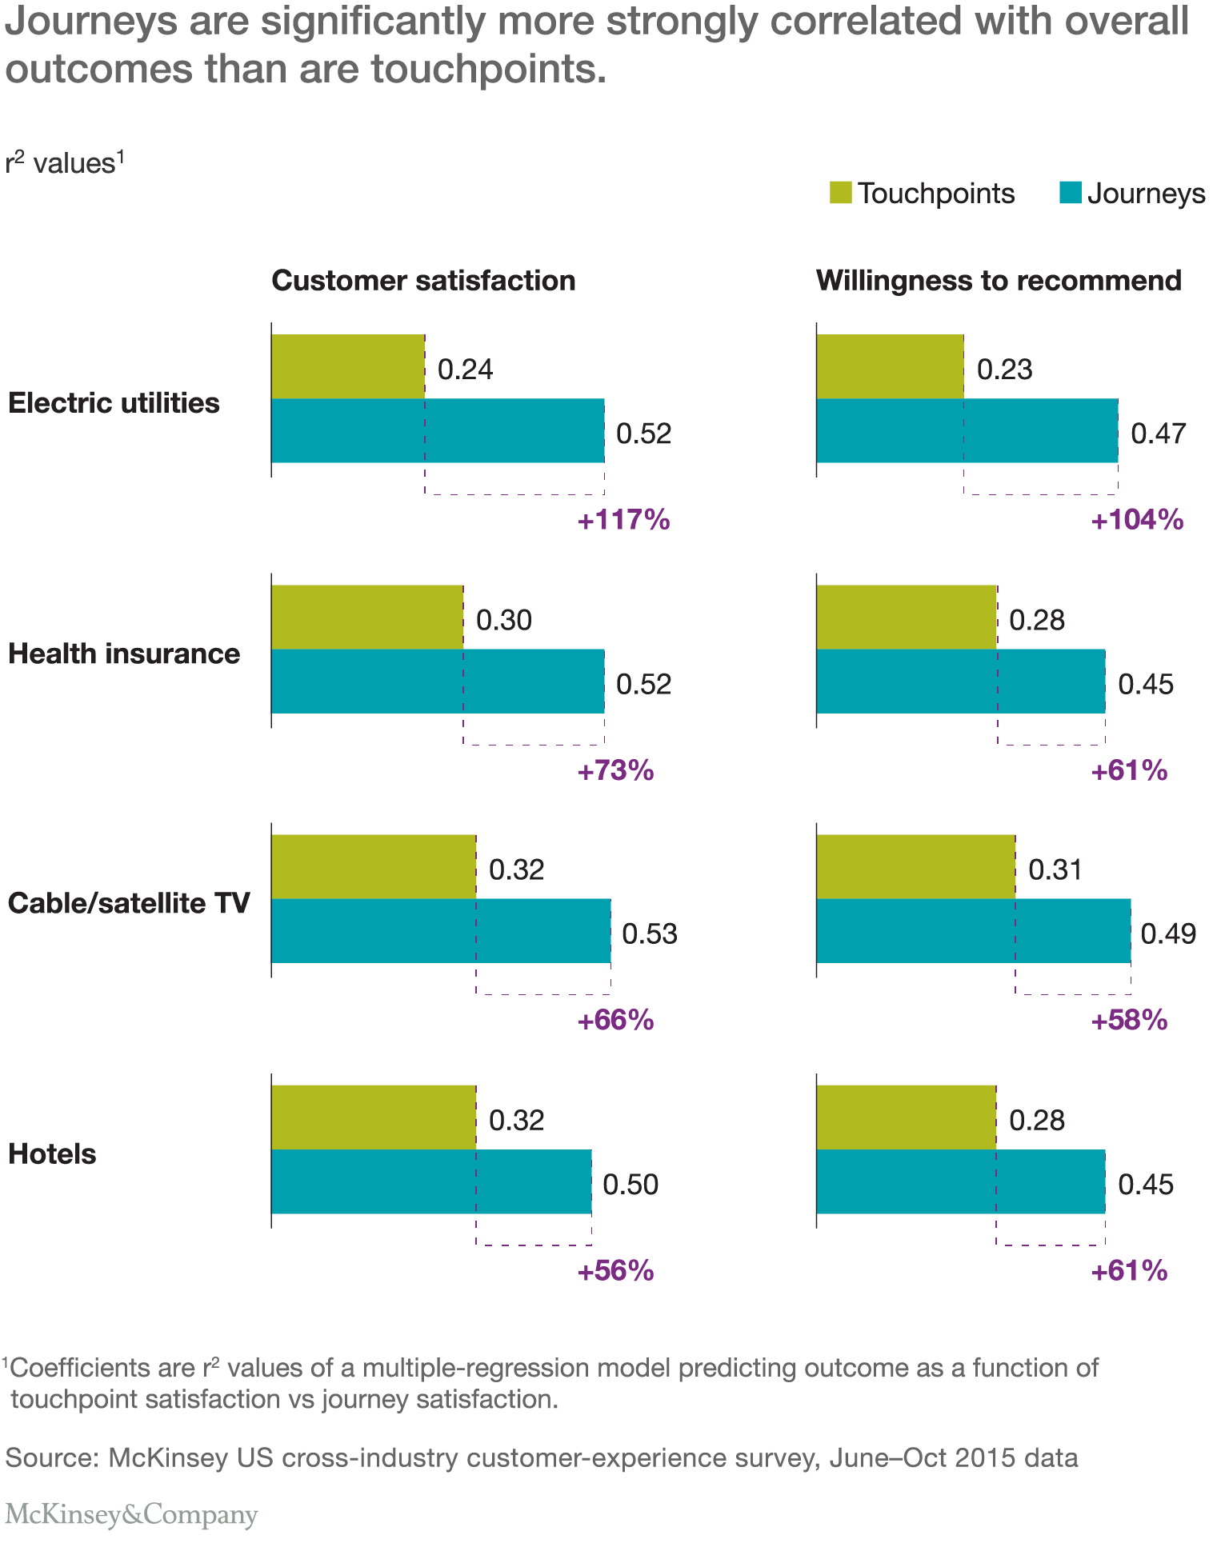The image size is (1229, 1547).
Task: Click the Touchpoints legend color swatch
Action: click(x=841, y=193)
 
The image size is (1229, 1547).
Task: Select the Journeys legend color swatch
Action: click(x=1071, y=193)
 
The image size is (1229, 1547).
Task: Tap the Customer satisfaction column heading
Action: click(x=423, y=281)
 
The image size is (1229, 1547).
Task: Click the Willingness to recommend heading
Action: click(x=999, y=281)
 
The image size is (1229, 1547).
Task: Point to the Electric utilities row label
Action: click(x=114, y=402)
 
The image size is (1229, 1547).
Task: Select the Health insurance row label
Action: click(x=124, y=654)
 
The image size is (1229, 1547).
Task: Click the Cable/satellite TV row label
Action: click(x=129, y=903)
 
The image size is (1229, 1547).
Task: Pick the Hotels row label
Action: click(x=52, y=1154)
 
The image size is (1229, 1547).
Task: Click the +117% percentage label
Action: click(x=623, y=521)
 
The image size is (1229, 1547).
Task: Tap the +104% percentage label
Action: click(x=1137, y=521)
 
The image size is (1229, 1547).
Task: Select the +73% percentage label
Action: click(x=616, y=771)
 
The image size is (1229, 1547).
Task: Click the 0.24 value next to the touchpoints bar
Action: click(x=465, y=370)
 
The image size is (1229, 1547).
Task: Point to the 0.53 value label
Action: click(x=650, y=934)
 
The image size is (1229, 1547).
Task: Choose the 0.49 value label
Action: click(x=1168, y=934)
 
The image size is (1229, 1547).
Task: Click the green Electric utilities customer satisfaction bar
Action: click(x=348, y=366)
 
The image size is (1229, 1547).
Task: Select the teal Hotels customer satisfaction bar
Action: click(x=431, y=1181)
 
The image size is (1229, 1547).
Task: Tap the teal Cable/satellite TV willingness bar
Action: click(x=973, y=931)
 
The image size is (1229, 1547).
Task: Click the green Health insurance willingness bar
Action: click(x=907, y=617)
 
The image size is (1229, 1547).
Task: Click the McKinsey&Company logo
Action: click(x=131, y=1514)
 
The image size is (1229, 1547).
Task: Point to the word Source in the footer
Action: click(x=48, y=1457)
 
